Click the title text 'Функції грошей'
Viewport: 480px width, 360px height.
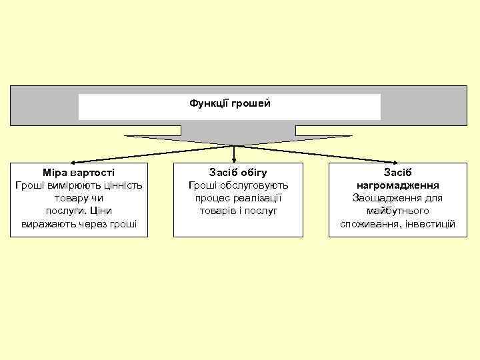pos(230,103)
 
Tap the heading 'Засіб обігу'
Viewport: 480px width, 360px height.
pos(238,172)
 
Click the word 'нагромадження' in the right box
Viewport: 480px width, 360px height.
pos(397,185)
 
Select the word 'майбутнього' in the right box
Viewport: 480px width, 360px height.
pos(397,211)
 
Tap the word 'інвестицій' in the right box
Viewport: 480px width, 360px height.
pos(430,224)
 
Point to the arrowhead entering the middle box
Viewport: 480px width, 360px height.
pos(233,159)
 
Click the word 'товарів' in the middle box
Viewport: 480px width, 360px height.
pos(217,211)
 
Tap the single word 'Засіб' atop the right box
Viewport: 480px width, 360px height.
pos(397,172)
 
